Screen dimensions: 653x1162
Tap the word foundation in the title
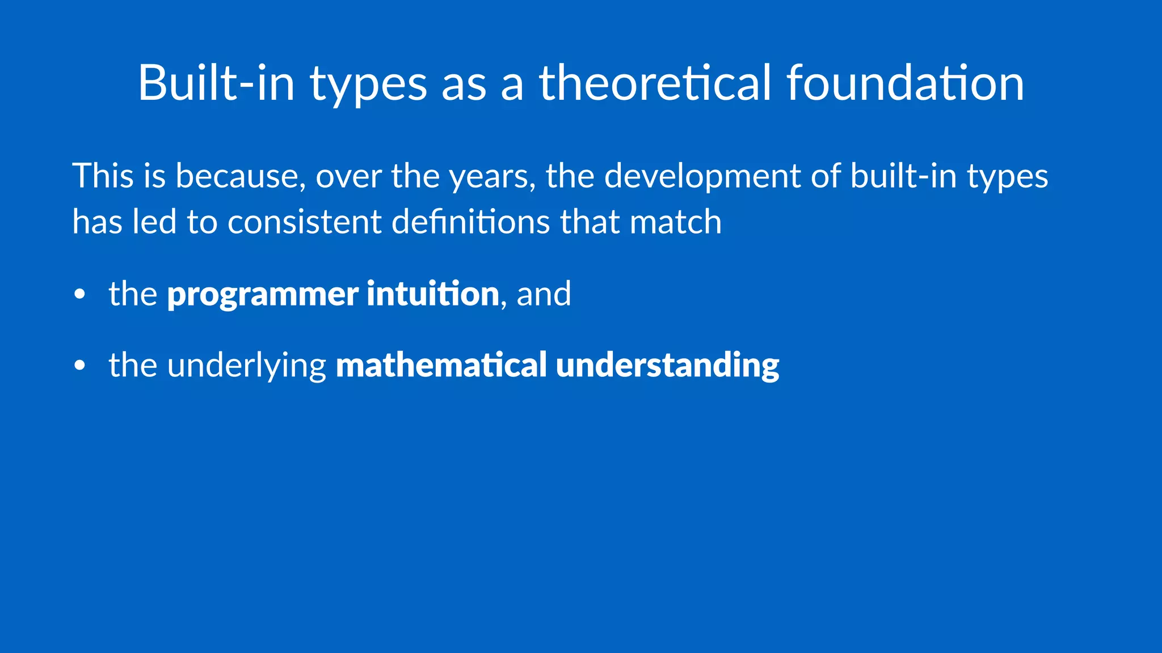click(905, 83)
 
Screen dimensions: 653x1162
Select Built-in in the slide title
click(216, 83)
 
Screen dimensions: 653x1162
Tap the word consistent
click(304, 222)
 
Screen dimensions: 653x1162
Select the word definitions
click(470, 222)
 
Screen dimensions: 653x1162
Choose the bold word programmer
click(262, 295)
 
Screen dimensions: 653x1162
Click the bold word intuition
click(432, 294)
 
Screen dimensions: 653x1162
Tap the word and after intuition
click(544, 294)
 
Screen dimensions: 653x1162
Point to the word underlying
click(246, 366)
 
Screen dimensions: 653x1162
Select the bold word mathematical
click(441, 364)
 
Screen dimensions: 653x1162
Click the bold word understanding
click(667, 366)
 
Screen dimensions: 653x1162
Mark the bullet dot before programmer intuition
click(79, 295)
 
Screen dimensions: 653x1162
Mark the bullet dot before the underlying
click(79, 366)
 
